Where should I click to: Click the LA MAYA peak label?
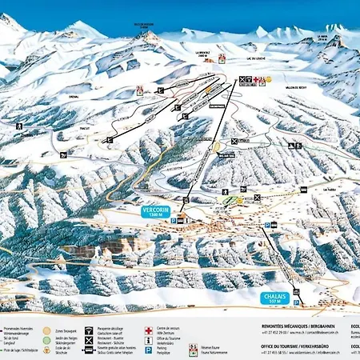tap(321, 38)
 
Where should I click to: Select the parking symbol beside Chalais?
tap(296, 303)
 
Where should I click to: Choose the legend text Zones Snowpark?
tap(67, 328)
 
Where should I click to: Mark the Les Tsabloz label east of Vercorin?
tap(306, 190)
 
